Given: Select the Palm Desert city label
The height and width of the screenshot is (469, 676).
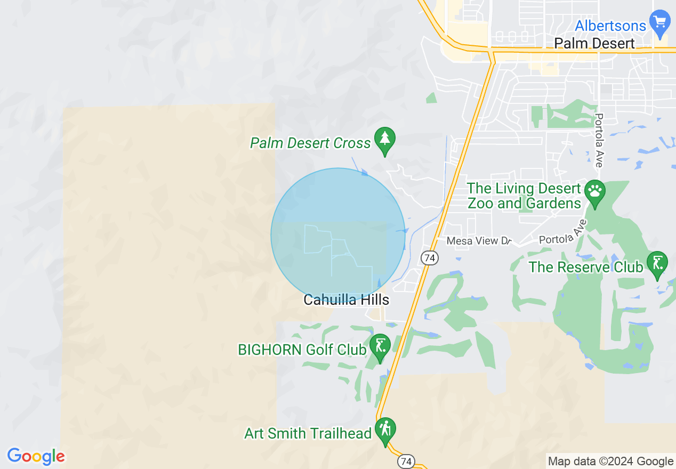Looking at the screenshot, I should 594,43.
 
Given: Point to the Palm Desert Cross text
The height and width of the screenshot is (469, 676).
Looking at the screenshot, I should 310,143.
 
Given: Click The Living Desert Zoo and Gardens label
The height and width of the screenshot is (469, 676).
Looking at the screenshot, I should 524,196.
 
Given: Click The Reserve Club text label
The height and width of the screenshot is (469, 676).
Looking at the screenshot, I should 585,266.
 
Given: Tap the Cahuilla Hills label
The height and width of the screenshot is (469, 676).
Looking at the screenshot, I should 347,300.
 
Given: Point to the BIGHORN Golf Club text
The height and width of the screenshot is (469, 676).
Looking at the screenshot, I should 302,350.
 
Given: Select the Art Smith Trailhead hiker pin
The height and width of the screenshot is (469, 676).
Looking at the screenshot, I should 384,429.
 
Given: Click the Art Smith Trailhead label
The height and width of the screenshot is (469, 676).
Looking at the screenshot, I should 308,433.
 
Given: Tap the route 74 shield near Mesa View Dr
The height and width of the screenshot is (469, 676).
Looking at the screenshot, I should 429,258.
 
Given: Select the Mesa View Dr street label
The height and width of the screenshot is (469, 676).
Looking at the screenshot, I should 479,241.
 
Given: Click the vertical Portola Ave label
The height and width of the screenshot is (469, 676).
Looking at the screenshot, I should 599,140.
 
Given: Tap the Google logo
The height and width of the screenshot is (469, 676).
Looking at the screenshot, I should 36,456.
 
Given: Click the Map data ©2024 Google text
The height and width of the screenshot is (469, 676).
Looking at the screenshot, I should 611,461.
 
